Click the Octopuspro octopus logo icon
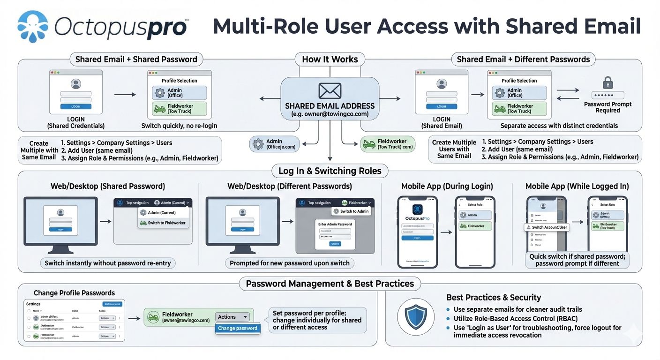33,27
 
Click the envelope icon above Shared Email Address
330,90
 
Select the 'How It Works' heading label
330,60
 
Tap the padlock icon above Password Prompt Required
607,83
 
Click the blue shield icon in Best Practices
415,317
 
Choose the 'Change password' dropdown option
237,328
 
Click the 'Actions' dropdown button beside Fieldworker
232,317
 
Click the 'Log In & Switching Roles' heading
330,171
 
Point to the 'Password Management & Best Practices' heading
330,284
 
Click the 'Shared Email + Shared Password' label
136,60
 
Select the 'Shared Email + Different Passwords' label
523,60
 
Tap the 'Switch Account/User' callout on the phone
549,227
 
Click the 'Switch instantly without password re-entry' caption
107,263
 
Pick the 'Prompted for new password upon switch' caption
289,263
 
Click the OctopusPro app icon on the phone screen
417,210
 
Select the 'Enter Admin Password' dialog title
335,224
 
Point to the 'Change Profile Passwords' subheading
74,293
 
